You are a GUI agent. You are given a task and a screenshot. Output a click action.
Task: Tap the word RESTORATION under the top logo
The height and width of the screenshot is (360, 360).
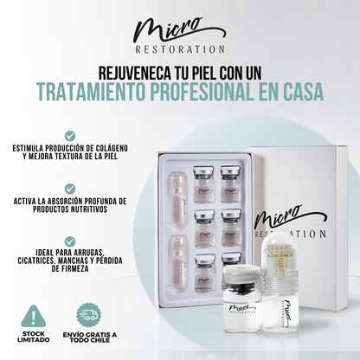click(x=180, y=50)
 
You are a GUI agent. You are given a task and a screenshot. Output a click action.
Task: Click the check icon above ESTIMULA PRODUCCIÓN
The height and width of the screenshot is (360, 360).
click(x=69, y=136)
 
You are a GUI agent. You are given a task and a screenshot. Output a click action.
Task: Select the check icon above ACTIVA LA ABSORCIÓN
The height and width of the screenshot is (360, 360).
click(x=69, y=189)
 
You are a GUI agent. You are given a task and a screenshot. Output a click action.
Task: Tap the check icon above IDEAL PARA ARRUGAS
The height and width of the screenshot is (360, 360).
click(x=69, y=241)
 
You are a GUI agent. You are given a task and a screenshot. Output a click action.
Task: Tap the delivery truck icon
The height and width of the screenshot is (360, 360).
click(x=89, y=314)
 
